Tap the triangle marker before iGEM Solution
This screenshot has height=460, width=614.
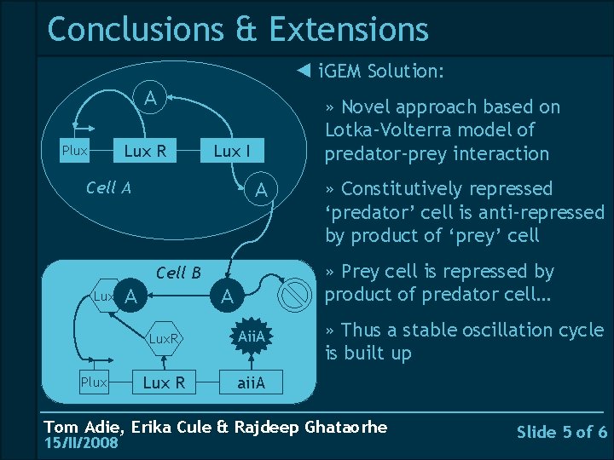[x=303, y=70]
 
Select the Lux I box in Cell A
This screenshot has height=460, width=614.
[x=232, y=152]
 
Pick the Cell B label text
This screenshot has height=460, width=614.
[x=178, y=273]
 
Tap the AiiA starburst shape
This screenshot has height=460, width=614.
[x=253, y=339]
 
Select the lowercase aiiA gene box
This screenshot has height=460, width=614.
[x=250, y=382]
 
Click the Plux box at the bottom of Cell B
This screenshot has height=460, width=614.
[x=93, y=382]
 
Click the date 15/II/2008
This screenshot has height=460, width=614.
[x=81, y=443]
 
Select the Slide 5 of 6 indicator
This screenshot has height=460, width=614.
[x=562, y=432]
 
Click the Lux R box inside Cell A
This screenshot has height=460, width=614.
[x=145, y=152]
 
